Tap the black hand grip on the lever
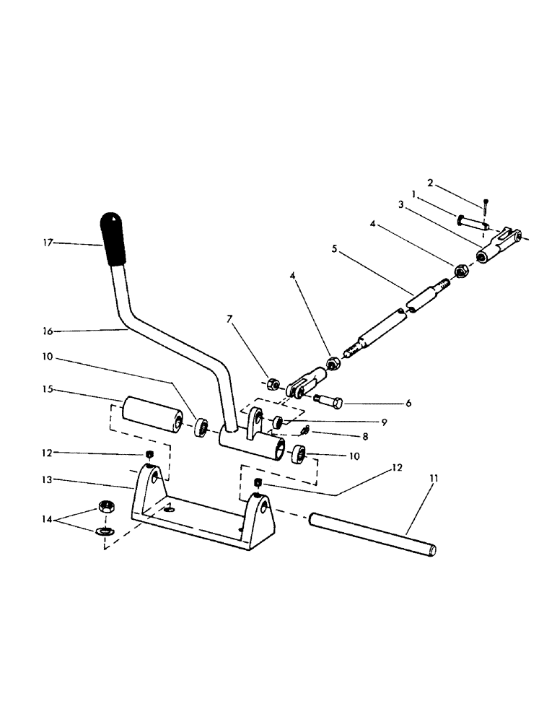point(113,238)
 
